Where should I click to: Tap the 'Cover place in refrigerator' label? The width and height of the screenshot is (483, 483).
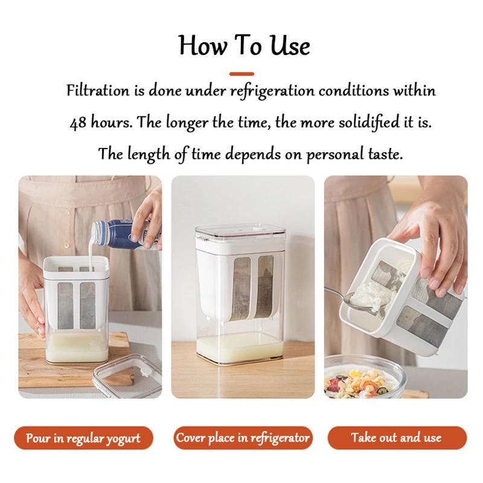[x=243, y=438]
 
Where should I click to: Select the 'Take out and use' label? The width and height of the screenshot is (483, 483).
[x=396, y=438]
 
